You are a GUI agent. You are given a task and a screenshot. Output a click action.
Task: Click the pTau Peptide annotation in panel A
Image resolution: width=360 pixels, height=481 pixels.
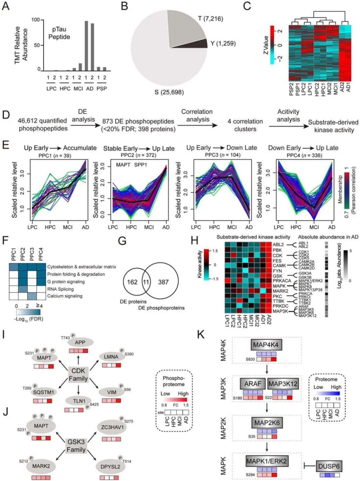59,33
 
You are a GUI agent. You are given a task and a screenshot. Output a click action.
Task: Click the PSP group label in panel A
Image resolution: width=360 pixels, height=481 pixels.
102,89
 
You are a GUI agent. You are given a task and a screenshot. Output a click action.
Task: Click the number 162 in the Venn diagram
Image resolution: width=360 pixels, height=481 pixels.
132,282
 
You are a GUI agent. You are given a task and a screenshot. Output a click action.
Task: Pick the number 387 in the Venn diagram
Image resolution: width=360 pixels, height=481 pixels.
163,282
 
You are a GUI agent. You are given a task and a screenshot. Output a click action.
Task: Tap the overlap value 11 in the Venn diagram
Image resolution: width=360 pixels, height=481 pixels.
146,282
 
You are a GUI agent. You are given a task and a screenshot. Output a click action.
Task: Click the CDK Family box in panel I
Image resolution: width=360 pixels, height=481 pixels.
78,374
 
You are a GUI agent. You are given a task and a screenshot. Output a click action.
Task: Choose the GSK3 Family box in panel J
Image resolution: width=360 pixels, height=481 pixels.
76,446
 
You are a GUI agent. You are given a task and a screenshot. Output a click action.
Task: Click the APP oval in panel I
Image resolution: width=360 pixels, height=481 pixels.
80,342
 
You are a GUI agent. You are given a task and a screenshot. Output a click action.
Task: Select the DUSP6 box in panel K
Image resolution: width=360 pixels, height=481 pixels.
329,466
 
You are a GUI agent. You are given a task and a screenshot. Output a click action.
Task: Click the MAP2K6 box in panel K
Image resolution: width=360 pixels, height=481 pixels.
267,423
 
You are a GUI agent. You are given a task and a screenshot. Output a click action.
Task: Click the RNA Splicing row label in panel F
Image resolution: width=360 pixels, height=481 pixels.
60,289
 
